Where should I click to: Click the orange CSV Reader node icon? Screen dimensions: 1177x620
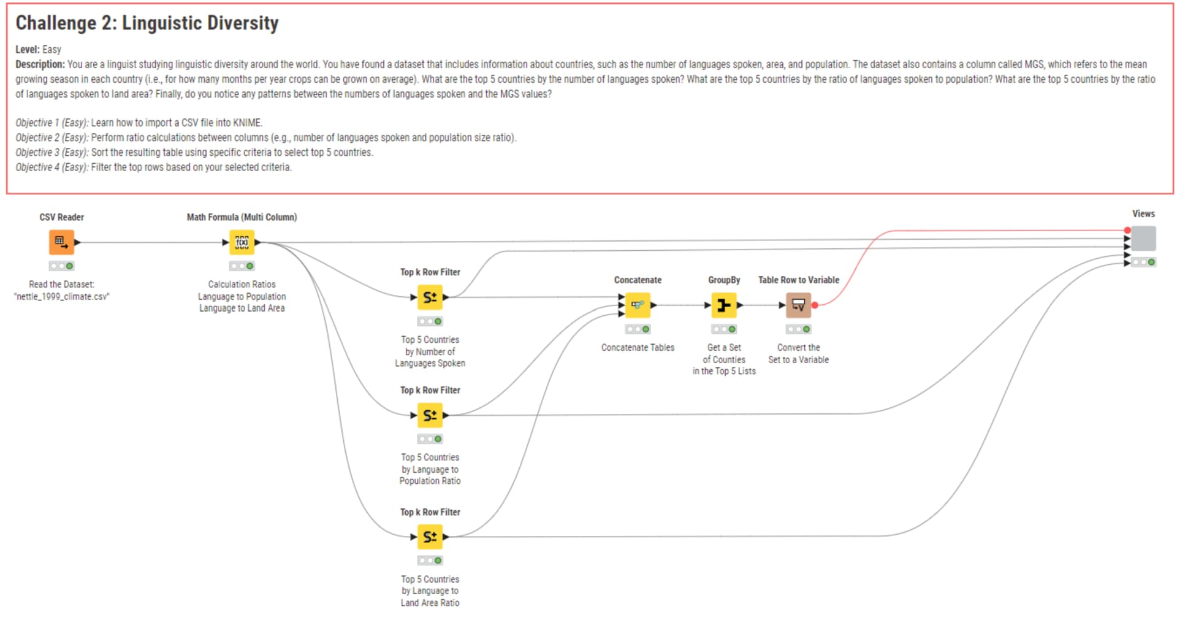(61, 242)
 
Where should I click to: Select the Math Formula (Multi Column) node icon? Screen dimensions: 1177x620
(242, 242)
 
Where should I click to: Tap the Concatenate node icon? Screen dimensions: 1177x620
(638, 305)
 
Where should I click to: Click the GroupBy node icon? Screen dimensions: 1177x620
(724, 305)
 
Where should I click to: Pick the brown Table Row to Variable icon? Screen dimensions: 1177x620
(798, 305)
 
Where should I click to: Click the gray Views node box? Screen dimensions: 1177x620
(1143, 239)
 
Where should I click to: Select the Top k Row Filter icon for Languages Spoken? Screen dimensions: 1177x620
(430, 297)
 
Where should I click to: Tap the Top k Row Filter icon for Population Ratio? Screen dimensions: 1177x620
(430, 415)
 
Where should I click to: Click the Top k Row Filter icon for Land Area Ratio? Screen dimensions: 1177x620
(430, 537)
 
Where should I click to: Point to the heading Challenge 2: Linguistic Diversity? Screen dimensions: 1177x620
(147, 23)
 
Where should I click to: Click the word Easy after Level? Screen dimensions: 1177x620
(51, 50)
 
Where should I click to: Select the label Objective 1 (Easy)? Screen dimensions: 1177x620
(52, 123)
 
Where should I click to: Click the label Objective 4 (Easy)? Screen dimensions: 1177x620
(52, 167)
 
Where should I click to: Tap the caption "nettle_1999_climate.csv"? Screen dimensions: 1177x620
(61, 296)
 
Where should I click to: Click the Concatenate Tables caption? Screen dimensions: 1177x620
(638, 347)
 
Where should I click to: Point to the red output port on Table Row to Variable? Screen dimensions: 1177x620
(815, 305)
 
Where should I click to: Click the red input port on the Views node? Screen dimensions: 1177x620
(1127, 230)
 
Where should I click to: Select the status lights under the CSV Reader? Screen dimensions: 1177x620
(61, 266)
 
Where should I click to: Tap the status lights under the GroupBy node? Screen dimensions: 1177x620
(724, 329)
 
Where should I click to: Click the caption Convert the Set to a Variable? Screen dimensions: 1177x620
(798, 353)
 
